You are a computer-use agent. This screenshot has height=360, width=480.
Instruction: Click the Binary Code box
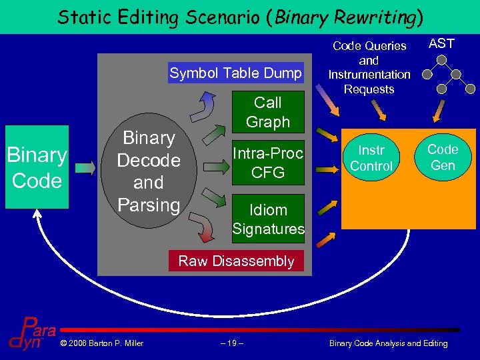tap(37, 167)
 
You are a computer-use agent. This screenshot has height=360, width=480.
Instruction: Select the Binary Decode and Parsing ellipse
tap(149, 171)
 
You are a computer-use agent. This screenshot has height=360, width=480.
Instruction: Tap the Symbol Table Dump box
tap(235, 73)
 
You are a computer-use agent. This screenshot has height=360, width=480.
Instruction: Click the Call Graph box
tap(267, 112)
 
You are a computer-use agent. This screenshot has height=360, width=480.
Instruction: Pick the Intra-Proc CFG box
tap(267, 163)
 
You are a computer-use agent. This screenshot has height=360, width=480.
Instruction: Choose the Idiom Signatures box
tap(268, 219)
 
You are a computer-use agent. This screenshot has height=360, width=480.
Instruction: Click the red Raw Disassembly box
tap(236, 261)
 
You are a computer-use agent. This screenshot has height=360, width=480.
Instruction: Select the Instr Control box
tap(371, 158)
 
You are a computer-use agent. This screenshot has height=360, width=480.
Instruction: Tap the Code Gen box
tap(443, 157)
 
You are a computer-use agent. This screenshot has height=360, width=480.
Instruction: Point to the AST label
tap(441, 44)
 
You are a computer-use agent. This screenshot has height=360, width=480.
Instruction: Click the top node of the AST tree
tap(442, 61)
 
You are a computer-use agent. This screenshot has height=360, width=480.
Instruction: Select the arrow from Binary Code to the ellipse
tap(85, 168)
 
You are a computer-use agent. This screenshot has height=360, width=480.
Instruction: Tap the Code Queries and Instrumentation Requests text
tap(369, 67)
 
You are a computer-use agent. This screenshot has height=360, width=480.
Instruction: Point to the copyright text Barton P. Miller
tap(101, 343)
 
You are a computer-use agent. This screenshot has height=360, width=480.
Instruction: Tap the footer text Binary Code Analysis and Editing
tap(389, 343)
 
